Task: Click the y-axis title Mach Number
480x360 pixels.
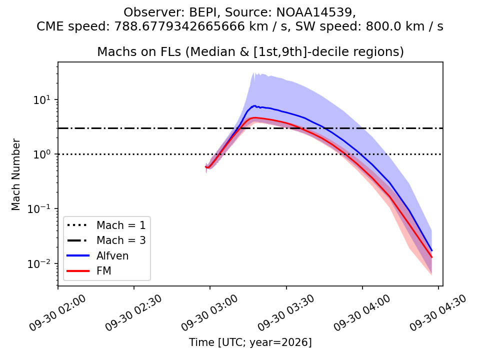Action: point(16,175)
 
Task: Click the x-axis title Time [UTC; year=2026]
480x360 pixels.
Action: point(250,342)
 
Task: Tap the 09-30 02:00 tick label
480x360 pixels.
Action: point(58,313)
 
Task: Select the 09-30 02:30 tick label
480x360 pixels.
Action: point(134,313)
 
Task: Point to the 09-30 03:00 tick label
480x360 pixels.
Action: point(209,313)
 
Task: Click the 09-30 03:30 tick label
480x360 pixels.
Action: point(286,313)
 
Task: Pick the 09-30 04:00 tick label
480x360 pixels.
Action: point(362,313)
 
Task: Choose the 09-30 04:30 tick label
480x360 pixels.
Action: point(438,313)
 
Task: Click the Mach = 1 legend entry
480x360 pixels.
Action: point(106,225)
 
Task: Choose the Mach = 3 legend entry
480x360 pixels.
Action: point(106,240)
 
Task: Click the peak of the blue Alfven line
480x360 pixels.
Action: point(254,105)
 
